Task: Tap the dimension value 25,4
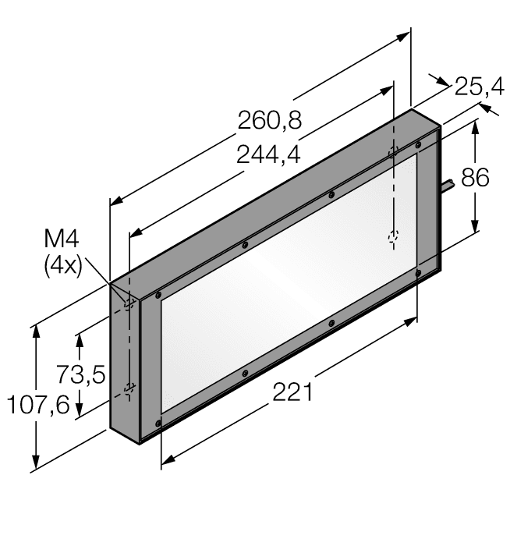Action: tap(479, 87)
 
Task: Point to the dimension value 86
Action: tap(475, 178)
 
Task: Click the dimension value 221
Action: tap(292, 392)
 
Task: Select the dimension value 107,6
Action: tap(37, 405)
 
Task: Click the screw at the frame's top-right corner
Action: tap(419, 145)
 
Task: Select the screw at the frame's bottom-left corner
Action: tap(158, 424)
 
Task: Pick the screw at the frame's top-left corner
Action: tap(158, 296)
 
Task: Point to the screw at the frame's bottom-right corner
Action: tap(419, 272)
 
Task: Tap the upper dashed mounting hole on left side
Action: tap(129, 304)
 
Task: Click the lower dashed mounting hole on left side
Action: tap(129, 388)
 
